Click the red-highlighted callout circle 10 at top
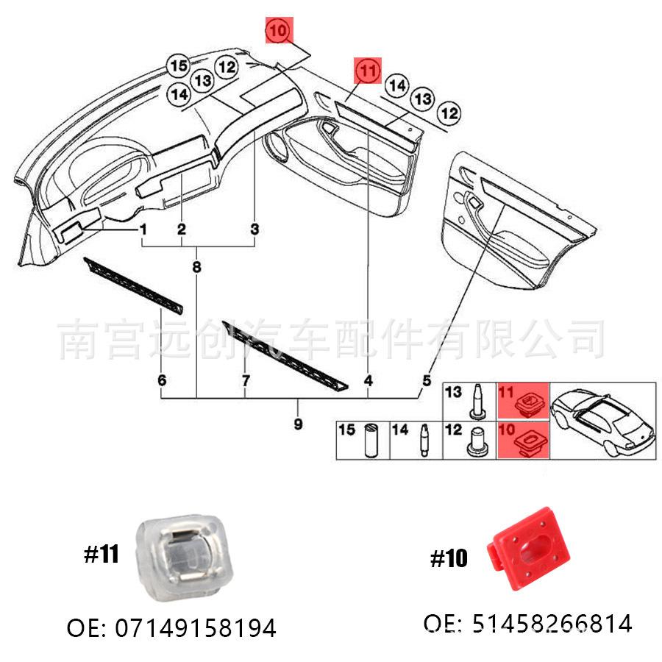point(279,32)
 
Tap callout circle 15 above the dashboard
point(179,66)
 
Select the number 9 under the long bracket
point(298,424)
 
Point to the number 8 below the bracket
point(196,268)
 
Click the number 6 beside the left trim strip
point(162,380)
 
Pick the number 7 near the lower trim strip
point(246,380)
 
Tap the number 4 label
point(368,380)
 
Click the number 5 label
point(426,380)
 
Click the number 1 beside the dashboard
point(143,230)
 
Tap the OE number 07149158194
point(171,628)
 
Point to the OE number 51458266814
point(527,624)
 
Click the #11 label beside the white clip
point(101,555)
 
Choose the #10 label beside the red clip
point(449,559)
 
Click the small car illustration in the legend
point(602,421)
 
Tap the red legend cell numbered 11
point(523,402)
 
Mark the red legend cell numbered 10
point(523,440)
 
